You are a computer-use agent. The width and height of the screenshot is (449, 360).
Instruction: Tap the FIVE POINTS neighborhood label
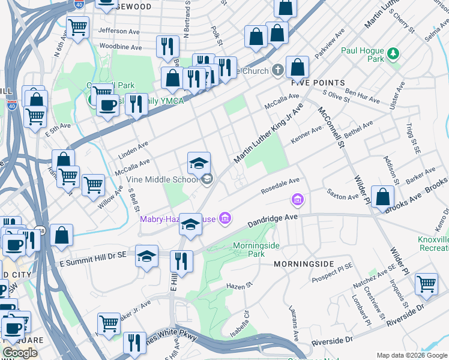(x=318, y=83)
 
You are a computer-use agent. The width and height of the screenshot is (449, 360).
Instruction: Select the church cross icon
(x=277, y=70)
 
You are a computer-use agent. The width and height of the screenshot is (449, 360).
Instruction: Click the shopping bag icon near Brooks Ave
(x=382, y=196)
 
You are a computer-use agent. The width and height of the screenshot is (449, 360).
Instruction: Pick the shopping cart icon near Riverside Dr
(x=426, y=283)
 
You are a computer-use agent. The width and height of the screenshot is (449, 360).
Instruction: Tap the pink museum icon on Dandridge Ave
(x=297, y=199)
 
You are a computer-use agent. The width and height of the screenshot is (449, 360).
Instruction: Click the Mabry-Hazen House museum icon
(x=224, y=218)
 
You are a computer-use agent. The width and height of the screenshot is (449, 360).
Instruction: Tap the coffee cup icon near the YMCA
(x=107, y=106)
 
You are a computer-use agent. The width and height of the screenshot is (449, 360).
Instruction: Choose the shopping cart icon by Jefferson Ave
(x=78, y=27)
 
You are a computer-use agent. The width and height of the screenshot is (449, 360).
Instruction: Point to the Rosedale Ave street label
(x=280, y=186)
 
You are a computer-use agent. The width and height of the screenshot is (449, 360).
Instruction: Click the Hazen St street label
(x=237, y=286)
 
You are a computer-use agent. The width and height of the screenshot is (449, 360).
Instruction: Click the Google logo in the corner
(x=20, y=353)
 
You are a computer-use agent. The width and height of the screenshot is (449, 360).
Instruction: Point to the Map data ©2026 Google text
(x=412, y=355)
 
